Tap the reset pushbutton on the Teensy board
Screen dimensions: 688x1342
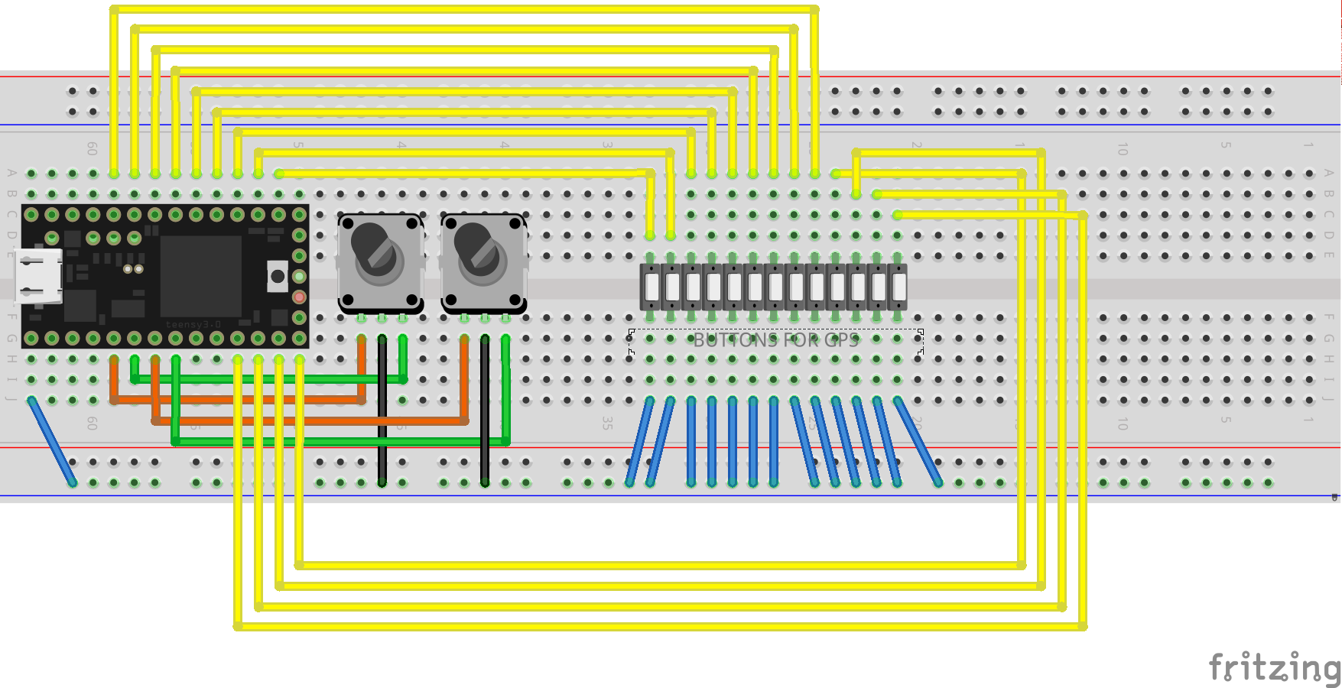277,276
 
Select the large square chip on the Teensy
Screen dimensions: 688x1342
200,275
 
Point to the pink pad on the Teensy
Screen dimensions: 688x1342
299,297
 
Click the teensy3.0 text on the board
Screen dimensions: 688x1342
193,324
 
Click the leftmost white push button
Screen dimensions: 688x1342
652,287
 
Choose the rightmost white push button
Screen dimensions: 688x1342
898,287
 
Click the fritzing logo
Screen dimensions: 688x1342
1273,667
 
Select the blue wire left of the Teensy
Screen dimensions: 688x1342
52,441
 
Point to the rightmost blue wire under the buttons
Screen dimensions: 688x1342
918,441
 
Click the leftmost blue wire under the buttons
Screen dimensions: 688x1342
640,441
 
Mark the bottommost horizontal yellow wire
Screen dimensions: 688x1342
658,627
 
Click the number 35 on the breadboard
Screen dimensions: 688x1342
607,422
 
